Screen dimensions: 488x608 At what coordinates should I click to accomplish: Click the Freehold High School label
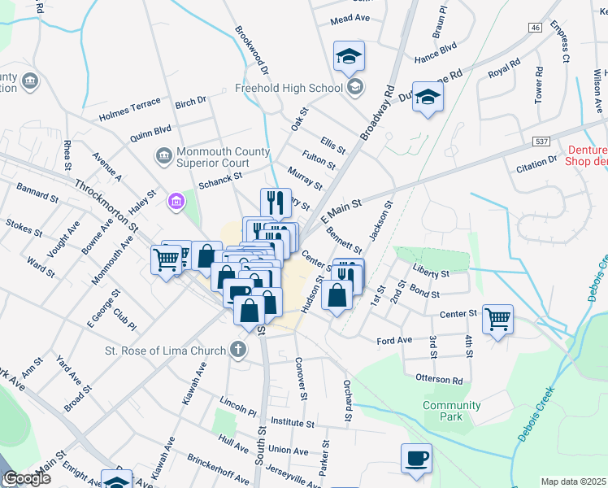(x=287, y=88)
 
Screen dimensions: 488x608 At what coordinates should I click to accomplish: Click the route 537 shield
(x=541, y=141)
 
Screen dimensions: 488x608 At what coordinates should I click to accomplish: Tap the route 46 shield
(x=534, y=28)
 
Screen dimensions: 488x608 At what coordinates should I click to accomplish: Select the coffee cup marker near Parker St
(x=416, y=458)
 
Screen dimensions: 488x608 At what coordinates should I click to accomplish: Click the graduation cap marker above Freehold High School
(x=349, y=55)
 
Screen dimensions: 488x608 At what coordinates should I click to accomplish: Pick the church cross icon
(x=237, y=351)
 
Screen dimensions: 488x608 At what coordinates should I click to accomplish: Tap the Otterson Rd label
(x=439, y=380)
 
